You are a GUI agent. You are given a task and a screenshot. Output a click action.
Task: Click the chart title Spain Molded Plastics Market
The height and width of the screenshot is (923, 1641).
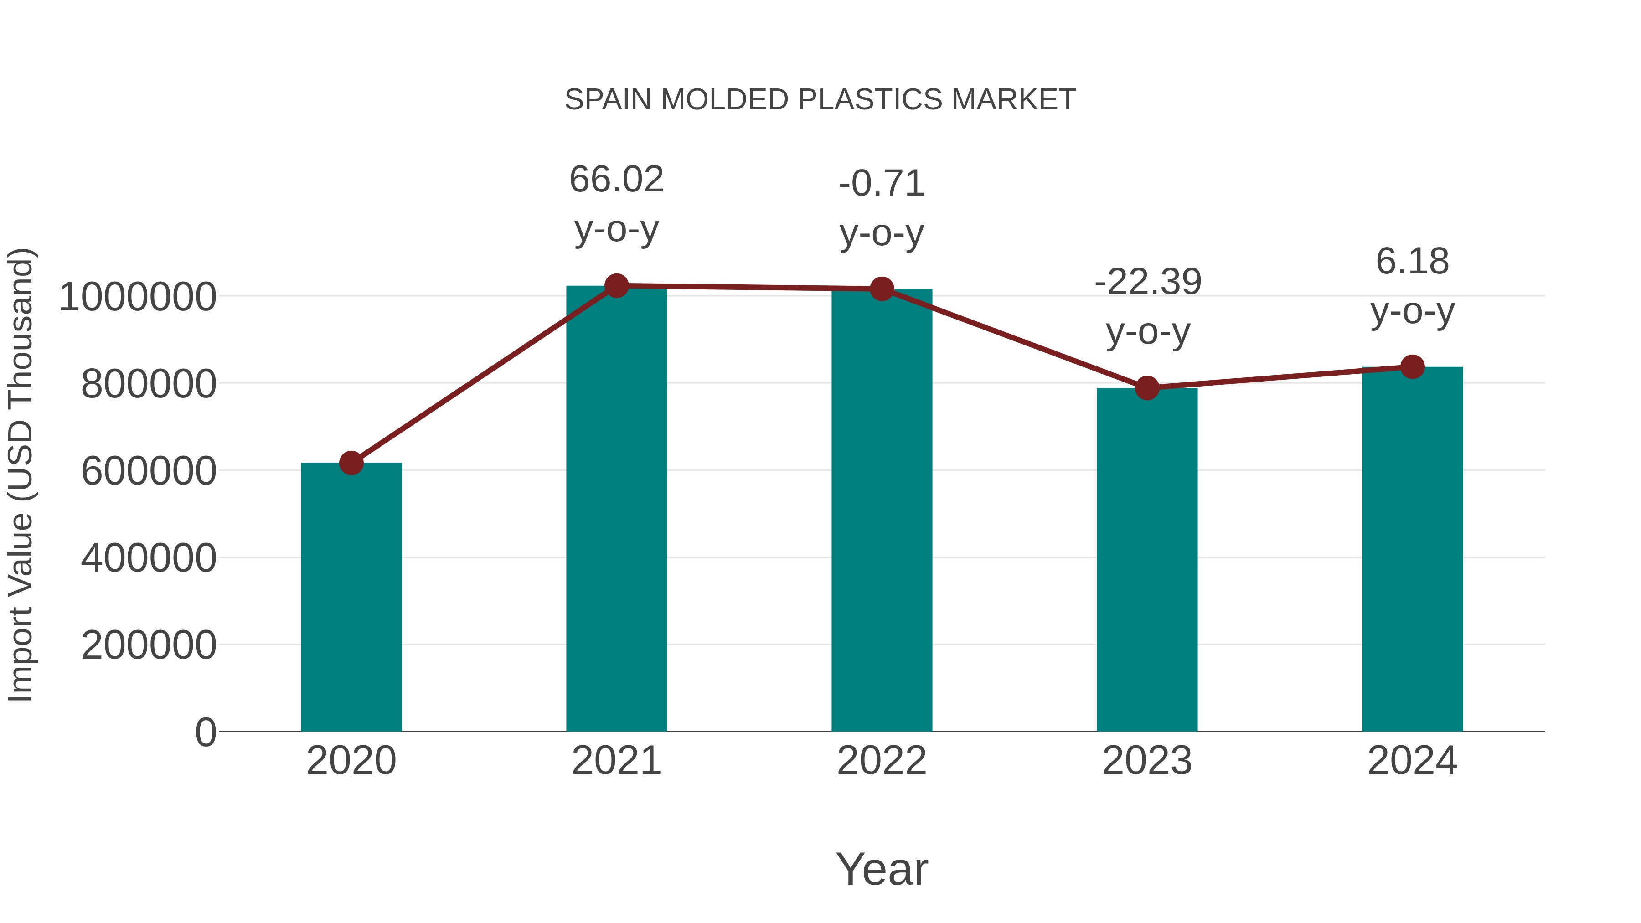tap(820, 100)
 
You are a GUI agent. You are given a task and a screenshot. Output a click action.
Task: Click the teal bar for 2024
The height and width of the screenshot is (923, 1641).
tap(1412, 548)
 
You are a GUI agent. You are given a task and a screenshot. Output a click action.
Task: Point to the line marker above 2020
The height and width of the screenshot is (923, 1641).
tap(351, 463)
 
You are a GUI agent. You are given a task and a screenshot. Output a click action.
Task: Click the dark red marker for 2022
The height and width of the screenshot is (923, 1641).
tap(882, 289)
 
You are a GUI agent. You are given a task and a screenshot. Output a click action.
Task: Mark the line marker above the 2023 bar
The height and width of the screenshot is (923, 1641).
tap(1147, 387)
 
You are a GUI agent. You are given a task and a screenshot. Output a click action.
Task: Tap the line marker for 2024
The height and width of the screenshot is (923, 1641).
tap(1412, 367)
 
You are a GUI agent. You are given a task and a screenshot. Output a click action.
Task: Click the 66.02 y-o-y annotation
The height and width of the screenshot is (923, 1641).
tap(616, 204)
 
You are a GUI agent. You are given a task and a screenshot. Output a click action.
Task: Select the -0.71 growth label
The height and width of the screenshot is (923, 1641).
tap(882, 208)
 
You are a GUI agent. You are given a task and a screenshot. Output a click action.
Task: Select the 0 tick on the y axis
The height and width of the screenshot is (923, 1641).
tap(205, 732)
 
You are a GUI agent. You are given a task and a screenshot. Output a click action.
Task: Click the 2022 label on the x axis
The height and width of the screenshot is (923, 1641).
tap(882, 761)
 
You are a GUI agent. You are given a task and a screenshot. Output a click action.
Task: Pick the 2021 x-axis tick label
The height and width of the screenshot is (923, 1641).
tap(616, 761)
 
